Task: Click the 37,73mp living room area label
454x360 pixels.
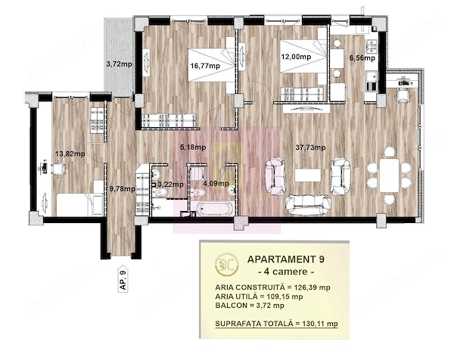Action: coord(310,147)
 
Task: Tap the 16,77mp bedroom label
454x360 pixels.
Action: coord(205,66)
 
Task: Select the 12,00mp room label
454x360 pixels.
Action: coord(296,57)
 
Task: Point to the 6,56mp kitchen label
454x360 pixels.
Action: coord(362,58)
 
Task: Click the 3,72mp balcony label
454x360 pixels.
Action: coord(119,64)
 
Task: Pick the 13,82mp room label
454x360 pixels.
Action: coord(70,154)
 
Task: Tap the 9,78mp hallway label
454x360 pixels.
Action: coord(122,189)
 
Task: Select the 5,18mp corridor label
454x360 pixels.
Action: coord(193,147)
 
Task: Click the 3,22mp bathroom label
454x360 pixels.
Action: coord(170,185)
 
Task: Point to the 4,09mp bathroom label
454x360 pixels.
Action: coord(216,184)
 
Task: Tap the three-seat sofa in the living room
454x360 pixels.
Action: coord(308,205)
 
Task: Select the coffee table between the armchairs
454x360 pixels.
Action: coord(308,175)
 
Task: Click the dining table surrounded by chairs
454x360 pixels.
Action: coord(390,175)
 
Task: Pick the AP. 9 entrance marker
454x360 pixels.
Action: coord(123,278)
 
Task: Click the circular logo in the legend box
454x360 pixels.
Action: coord(227,264)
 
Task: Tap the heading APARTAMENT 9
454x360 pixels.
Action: coord(286,259)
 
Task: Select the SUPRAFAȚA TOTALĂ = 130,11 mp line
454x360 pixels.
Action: coord(276,324)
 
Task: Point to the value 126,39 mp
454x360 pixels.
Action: coord(312,287)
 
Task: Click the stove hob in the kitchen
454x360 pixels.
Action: coord(370,47)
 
